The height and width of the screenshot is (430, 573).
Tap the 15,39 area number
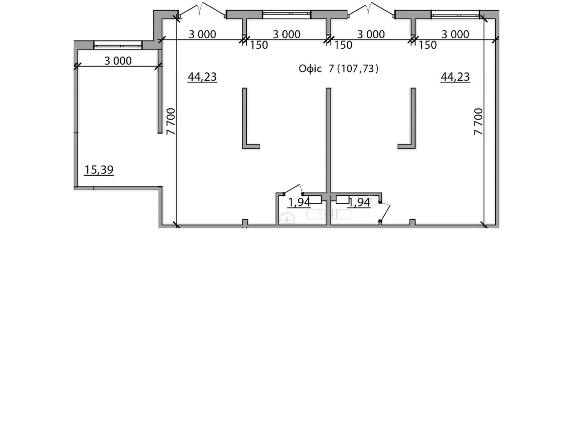(99, 170)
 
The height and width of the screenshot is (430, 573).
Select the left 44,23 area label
(202, 77)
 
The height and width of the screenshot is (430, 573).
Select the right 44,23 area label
(455, 77)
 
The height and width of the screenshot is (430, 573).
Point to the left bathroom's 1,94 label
(299, 202)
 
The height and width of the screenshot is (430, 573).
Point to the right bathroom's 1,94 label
(359, 202)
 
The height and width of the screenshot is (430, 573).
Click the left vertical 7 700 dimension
(171, 121)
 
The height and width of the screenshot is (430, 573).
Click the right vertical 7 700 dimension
(478, 121)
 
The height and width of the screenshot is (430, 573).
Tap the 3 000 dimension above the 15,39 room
(118, 61)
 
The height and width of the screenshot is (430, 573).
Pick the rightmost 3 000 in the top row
(455, 34)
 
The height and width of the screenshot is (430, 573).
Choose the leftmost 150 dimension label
(259, 45)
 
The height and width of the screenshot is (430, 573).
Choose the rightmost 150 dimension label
(428, 45)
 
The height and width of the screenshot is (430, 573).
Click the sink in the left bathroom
(288, 218)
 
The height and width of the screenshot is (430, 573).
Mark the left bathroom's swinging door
(293, 189)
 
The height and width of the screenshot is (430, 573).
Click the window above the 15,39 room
(118, 45)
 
